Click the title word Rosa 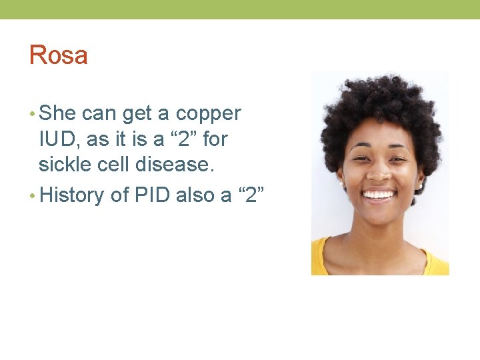click(x=58, y=55)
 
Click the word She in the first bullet click(x=57, y=113)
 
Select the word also click(x=199, y=195)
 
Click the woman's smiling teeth click(x=379, y=195)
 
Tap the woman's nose click(x=379, y=171)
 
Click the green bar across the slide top click(x=240, y=9)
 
